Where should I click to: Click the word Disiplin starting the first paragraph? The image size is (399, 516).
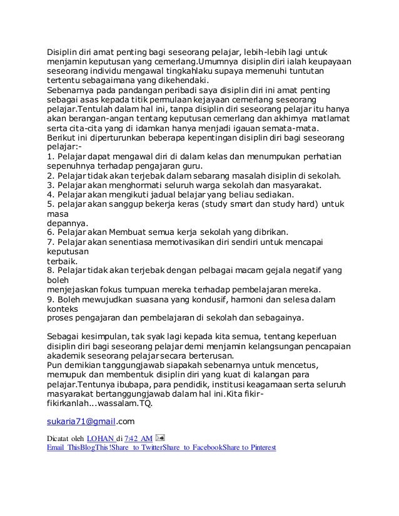tap(65, 51)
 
